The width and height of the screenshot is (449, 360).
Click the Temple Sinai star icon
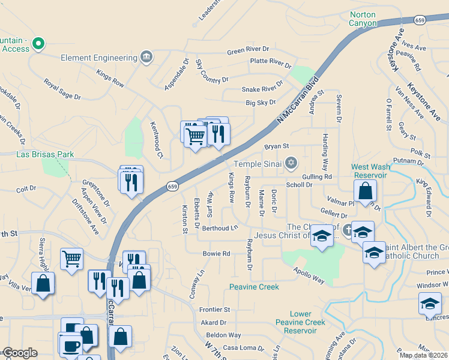tap(291, 163)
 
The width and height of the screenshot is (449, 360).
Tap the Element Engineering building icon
tap(146, 58)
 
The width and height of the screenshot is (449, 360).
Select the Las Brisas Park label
tap(45, 154)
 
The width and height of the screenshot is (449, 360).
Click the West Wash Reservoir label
tap(369, 170)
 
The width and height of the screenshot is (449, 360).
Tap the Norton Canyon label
tap(363, 19)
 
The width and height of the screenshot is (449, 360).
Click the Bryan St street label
tap(277, 146)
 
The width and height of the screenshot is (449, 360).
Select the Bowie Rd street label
tap(216, 254)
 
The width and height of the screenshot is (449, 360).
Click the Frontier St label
tap(214, 310)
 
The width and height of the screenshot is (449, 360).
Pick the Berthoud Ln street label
tap(220, 229)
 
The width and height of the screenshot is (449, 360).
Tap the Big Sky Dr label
tap(260, 103)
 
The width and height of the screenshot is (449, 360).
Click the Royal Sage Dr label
tap(62, 88)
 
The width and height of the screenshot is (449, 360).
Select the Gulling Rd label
tap(317, 177)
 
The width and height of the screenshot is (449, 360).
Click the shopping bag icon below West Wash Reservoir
tap(365, 191)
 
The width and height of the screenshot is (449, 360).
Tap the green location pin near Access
tap(38, 43)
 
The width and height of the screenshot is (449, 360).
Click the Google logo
tap(20, 353)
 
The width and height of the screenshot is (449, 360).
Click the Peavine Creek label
tap(254, 287)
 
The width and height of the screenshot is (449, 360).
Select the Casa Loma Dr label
tap(243, 348)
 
